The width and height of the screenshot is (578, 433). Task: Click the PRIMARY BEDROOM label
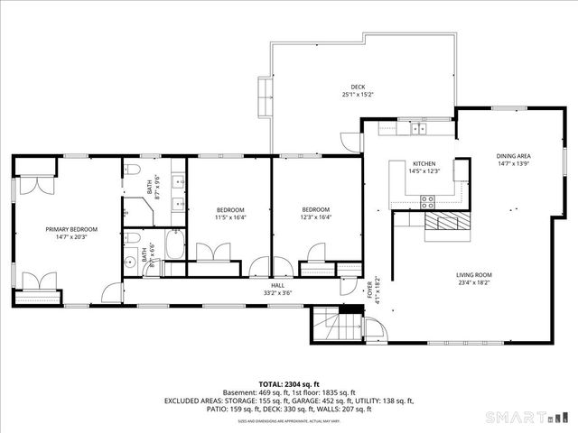tap(71, 229)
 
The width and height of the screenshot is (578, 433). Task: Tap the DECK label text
tap(359, 87)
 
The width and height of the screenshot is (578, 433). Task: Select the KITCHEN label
tap(424, 163)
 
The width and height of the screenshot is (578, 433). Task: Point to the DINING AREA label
tap(513, 156)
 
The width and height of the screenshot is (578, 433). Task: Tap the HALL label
tap(276, 285)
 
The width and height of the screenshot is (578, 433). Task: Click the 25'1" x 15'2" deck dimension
tap(359, 95)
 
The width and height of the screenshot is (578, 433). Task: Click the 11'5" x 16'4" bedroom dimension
tap(230, 216)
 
